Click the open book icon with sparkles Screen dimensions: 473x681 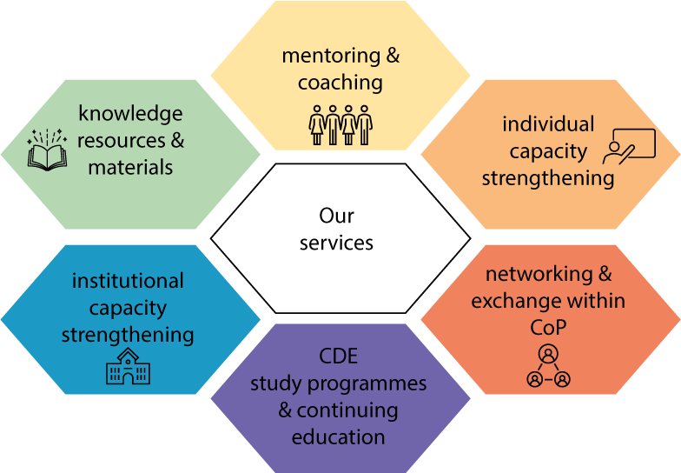pos(47,150)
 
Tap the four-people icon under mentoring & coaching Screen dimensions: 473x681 pos(340,125)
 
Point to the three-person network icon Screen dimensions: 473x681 pos(548,366)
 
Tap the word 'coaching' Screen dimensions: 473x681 pos(340,83)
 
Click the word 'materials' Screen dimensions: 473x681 pos(130,167)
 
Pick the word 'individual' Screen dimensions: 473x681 pos(548,124)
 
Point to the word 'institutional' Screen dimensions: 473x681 pos(128,282)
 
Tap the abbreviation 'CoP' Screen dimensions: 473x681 pos(548,329)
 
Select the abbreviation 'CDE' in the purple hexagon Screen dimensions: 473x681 pos(339,356)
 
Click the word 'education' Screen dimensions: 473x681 pos(339,436)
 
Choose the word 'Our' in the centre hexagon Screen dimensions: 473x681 pos(337,216)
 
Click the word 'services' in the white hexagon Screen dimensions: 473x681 pos(337,243)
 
